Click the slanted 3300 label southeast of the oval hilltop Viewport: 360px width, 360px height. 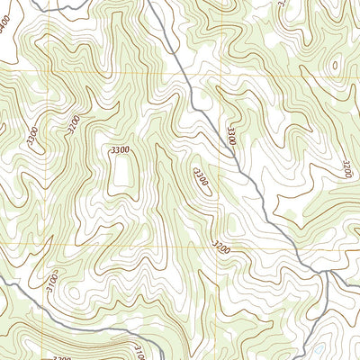pyautogui.click(x=201, y=175)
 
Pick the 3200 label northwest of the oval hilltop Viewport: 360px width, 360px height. pyautogui.click(x=73, y=125)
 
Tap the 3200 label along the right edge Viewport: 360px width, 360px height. pyautogui.click(x=347, y=168)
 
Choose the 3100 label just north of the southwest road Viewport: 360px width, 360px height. pyautogui.click(x=53, y=287)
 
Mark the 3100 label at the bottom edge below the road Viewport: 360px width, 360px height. pyautogui.click(x=139, y=350)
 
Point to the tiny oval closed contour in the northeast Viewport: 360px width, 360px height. pyautogui.click(x=337, y=65)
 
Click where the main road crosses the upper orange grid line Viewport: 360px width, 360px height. pyautogui.click(x=178, y=71)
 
